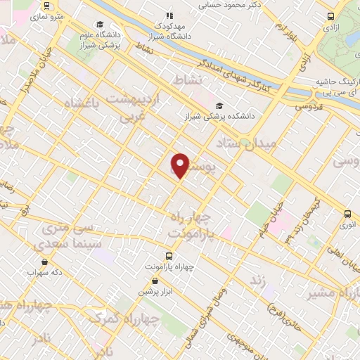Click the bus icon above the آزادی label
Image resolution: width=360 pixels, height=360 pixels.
(330, 16)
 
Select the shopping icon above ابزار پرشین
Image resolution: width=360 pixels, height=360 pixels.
(145, 281)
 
